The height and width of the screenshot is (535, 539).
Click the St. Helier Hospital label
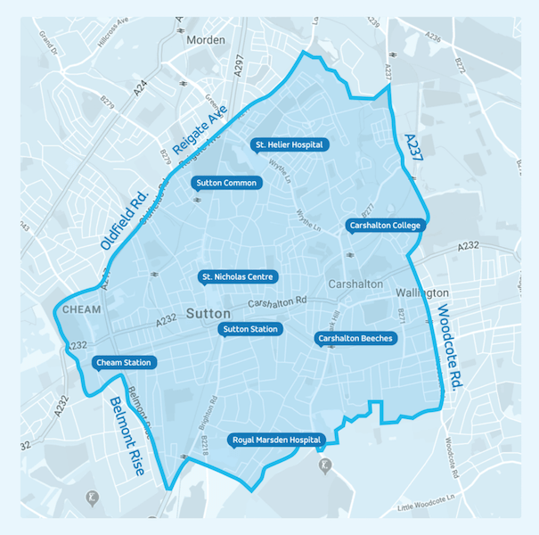point(290,144)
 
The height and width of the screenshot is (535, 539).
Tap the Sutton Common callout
point(226,184)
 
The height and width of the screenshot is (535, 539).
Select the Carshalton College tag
point(384,226)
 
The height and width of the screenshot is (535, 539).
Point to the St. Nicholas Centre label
point(237,276)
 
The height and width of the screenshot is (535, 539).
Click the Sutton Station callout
point(250,329)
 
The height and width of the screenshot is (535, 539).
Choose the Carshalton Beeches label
point(355,338)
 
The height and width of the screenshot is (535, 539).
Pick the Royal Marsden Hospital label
point(275,440)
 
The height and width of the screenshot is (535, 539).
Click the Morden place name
point(207,40)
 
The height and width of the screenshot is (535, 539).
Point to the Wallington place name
point(422,292)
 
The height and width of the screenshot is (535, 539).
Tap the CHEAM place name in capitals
point(83,309)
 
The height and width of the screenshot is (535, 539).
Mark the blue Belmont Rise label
point(126,436)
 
